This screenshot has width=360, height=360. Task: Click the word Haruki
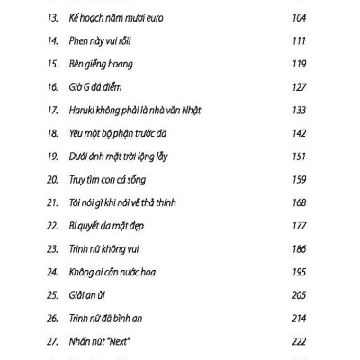click(x=84, y=111)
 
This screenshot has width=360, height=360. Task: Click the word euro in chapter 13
click(x=152, y=18)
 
